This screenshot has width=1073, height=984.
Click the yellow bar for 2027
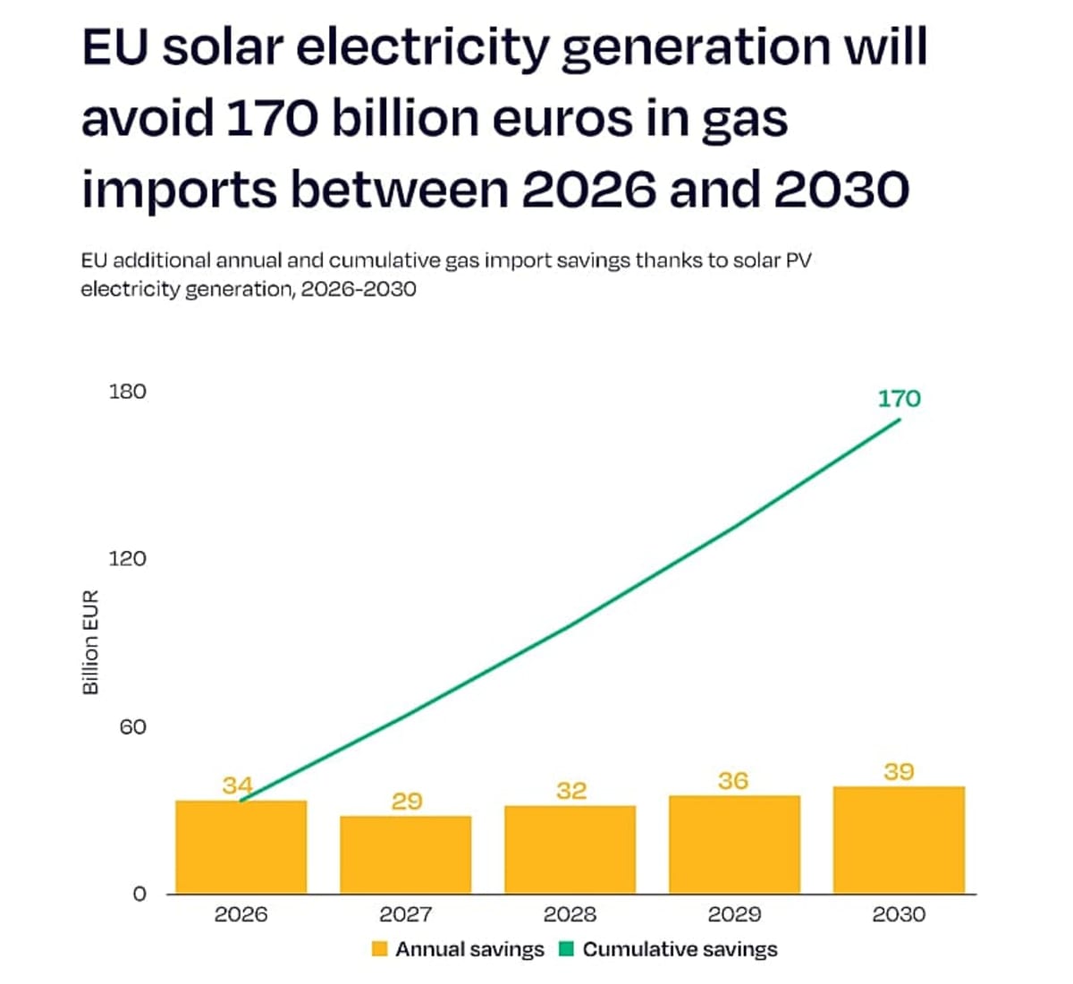pyautogui.click(x=405, y=854)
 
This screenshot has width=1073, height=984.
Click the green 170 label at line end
pyautogui.click(x=899, y=398)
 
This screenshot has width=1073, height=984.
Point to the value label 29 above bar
pyautogui.click(x=407, y=801)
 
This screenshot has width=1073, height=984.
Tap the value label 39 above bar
pyautogui.click(x=899, y=771)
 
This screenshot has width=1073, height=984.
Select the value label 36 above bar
pyautogui.click(x=733, y=781)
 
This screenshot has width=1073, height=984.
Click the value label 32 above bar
pyautogui.click(x=571, y=791)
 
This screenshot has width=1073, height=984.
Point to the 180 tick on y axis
pyautogui.click(x=127, y=392)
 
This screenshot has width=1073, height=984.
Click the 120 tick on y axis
pyautogui.click(x=127, y=559)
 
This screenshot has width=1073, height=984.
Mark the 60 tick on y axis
pyautogui.click(x=132, y=726)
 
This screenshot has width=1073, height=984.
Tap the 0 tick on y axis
pyautogui.click(x=139, y=894)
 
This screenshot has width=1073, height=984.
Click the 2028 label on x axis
pyautogui.click(x=570, y=914)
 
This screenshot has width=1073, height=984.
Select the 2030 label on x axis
pyautogui.click(x=899, y=914)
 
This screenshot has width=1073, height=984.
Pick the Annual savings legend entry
pyautogui.click(x=458, y=949)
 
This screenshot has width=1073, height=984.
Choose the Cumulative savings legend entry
pyautogui.click(x=668, y=949)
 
